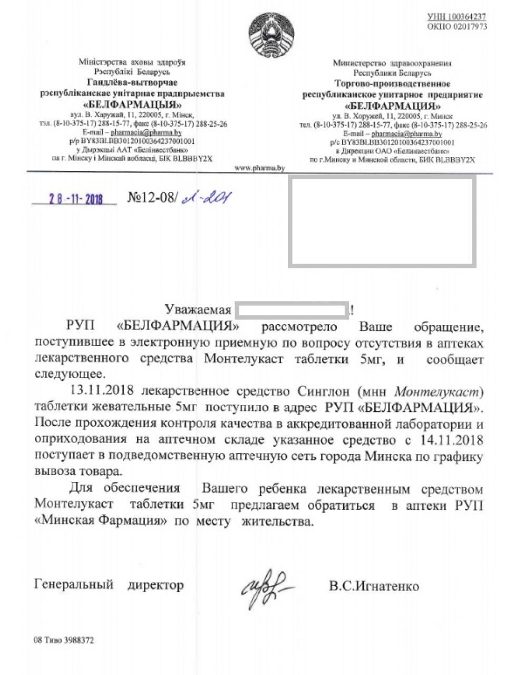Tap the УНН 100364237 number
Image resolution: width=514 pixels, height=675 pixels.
457,17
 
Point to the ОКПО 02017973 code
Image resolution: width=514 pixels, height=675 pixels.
457,26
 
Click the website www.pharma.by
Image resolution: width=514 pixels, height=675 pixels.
259,168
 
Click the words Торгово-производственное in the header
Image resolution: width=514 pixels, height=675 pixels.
393,84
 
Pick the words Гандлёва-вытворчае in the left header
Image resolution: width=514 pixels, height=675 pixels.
132,83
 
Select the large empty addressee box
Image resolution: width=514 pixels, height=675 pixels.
382,220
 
